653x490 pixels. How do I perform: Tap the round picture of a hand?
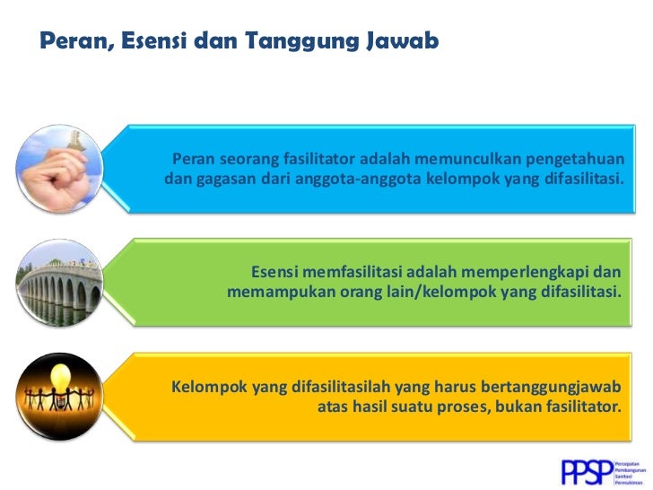62,167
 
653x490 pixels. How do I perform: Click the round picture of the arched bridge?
62,282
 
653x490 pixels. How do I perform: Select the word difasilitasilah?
333,387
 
